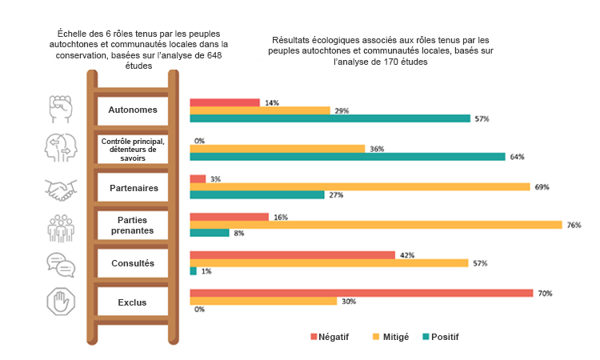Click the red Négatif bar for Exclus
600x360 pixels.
pyautogui.click(x=361, y=293)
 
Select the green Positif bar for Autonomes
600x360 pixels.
pyautogui.click(x=330, y=118)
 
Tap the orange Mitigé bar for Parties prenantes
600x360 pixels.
pyautogui.click(x=375, y=225)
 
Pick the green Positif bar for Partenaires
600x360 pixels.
pyautogui.click(x=257, y=194)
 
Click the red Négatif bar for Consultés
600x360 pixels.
pyautogui.click(x=292, y=255)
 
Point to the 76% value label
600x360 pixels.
pyautogui.click(x=574, y=226)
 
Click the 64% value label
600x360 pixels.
pyautogui.click(x=517, y=157)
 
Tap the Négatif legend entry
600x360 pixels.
pyautogui.click(x=330, y=337)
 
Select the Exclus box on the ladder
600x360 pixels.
pyautogui.click(x=133, y=301)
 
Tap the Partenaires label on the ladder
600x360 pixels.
pyautogui.click(x=133, y=188)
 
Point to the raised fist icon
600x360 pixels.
pyautogui.click(x=62, y=109)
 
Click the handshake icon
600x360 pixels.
pyautogui.click(x=62, y=189)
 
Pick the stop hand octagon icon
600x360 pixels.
pyautogui.click(x=62, y=302)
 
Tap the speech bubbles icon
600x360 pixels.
pyautogui.click(x=62, y=263)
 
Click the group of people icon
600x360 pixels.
pyautogui.click(x=62, y=226)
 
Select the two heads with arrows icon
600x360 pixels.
pyautogui.click(x=62, y=147)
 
